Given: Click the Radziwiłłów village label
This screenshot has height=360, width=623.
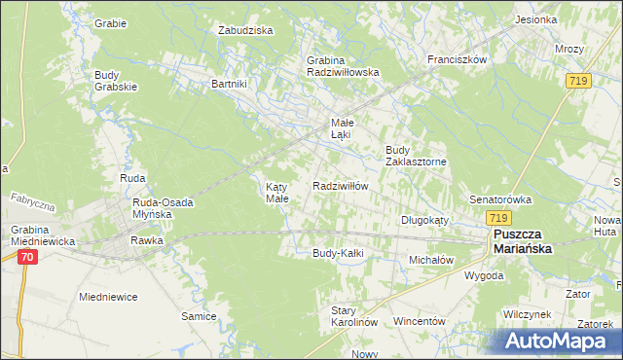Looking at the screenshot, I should point(340,186).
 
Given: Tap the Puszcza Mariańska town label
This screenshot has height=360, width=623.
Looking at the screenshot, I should point(523,242).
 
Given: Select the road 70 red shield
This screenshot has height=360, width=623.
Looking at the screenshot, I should point(27,257).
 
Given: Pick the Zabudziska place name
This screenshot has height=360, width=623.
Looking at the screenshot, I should point(245,30).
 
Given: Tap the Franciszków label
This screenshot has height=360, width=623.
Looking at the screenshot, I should point(457,59).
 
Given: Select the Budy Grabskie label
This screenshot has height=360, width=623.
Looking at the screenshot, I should point(116,81).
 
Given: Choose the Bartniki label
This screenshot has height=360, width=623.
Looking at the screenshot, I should point(231,84).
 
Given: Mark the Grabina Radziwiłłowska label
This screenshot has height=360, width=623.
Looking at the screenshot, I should point(342,65).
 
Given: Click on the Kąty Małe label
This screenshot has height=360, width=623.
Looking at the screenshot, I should point(277,192).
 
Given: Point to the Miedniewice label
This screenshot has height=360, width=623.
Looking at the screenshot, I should point(108,297).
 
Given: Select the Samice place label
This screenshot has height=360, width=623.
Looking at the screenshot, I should point(199,316).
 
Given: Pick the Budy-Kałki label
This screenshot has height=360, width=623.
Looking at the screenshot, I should point(337,253).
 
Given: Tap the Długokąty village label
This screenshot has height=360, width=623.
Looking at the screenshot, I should point(424,220).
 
